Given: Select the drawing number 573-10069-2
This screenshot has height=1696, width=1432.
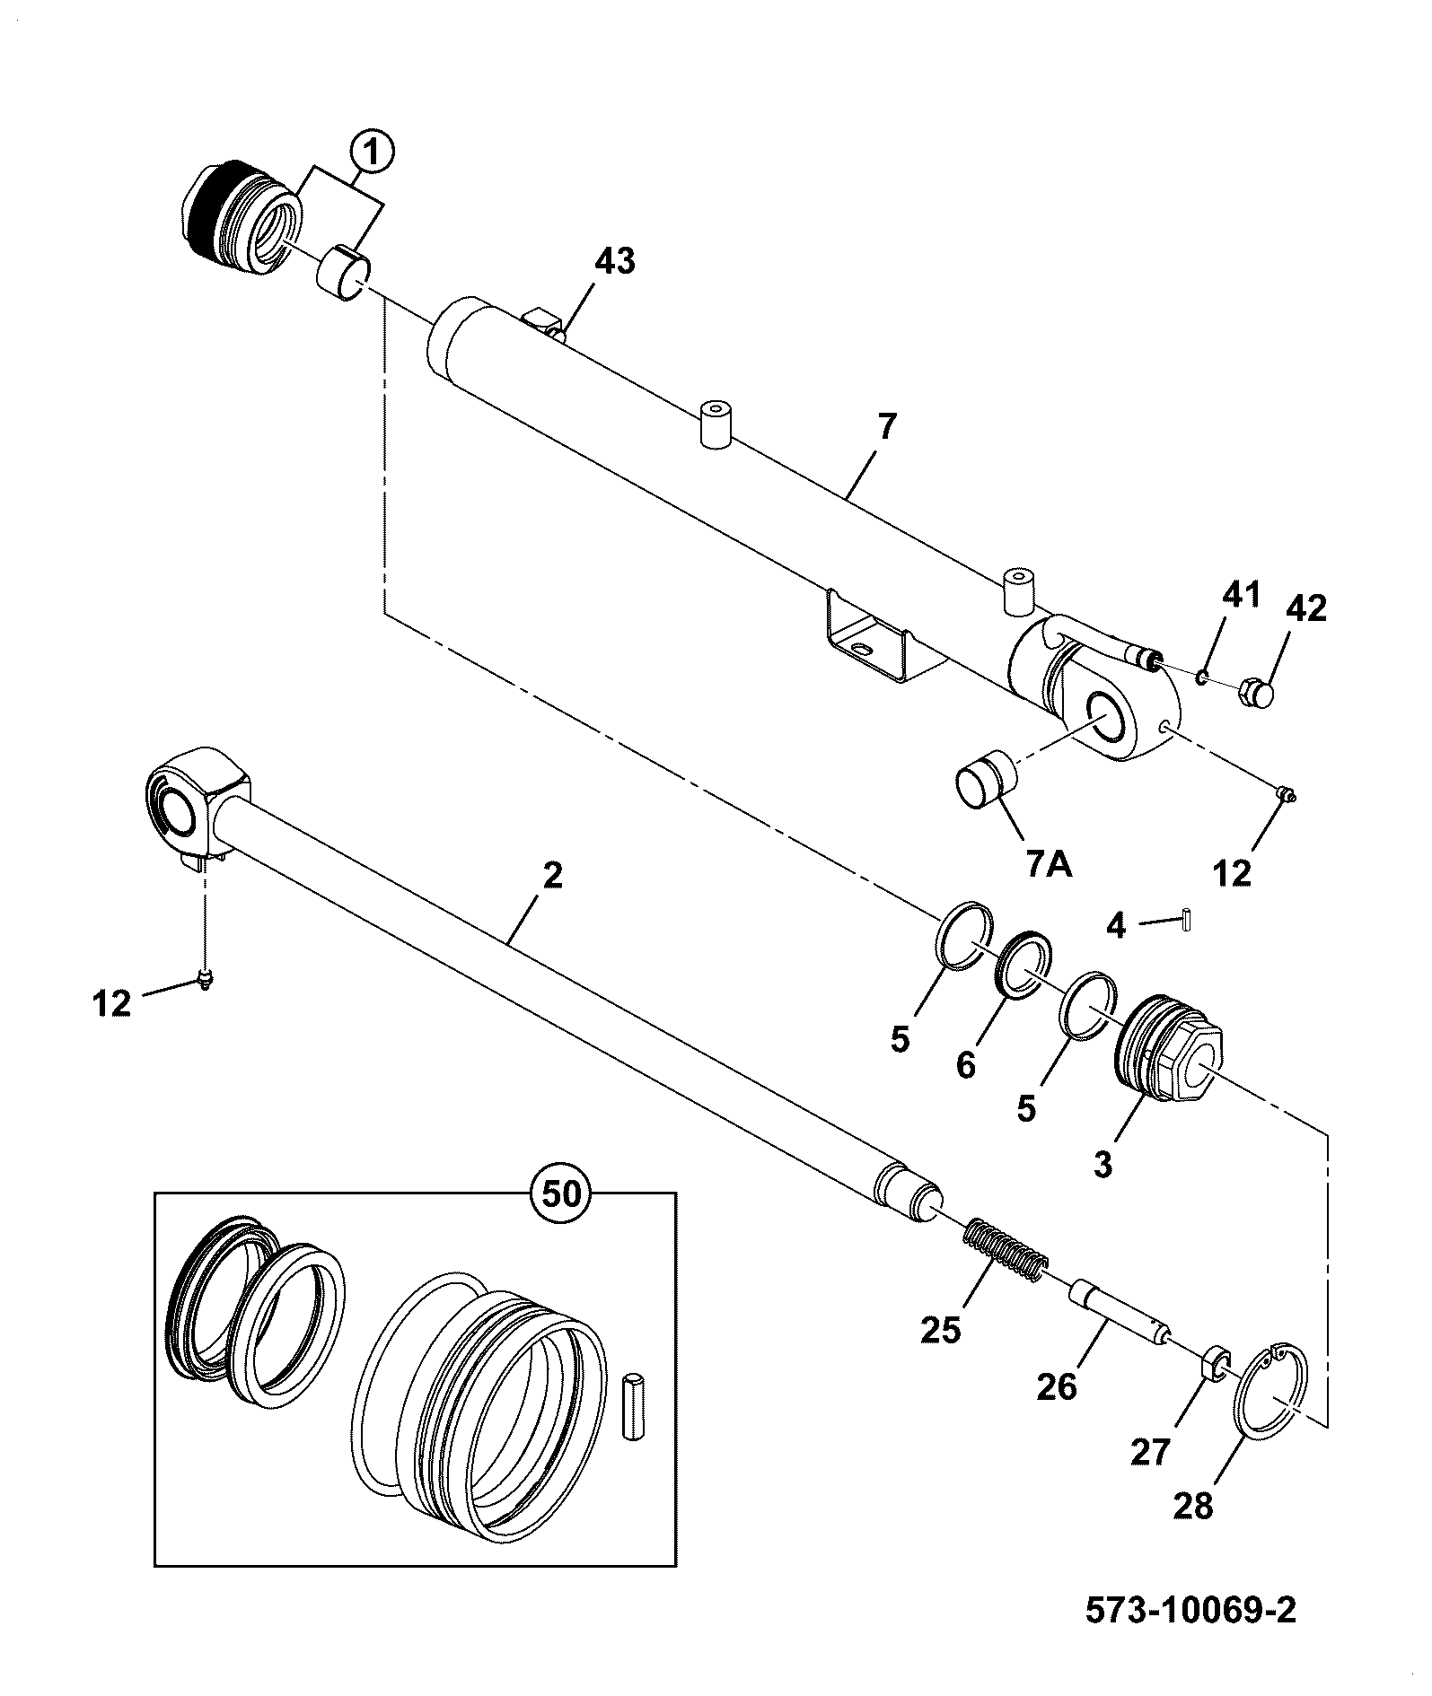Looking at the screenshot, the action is coord(1191,1610).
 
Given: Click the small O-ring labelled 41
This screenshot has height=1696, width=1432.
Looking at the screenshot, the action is coord(1202,676).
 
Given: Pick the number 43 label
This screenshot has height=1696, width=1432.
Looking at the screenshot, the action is coord(615,261).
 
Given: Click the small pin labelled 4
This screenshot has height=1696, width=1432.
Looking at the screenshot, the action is coord(1187,920).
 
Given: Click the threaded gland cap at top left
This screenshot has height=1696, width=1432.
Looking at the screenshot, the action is coord(243,215).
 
